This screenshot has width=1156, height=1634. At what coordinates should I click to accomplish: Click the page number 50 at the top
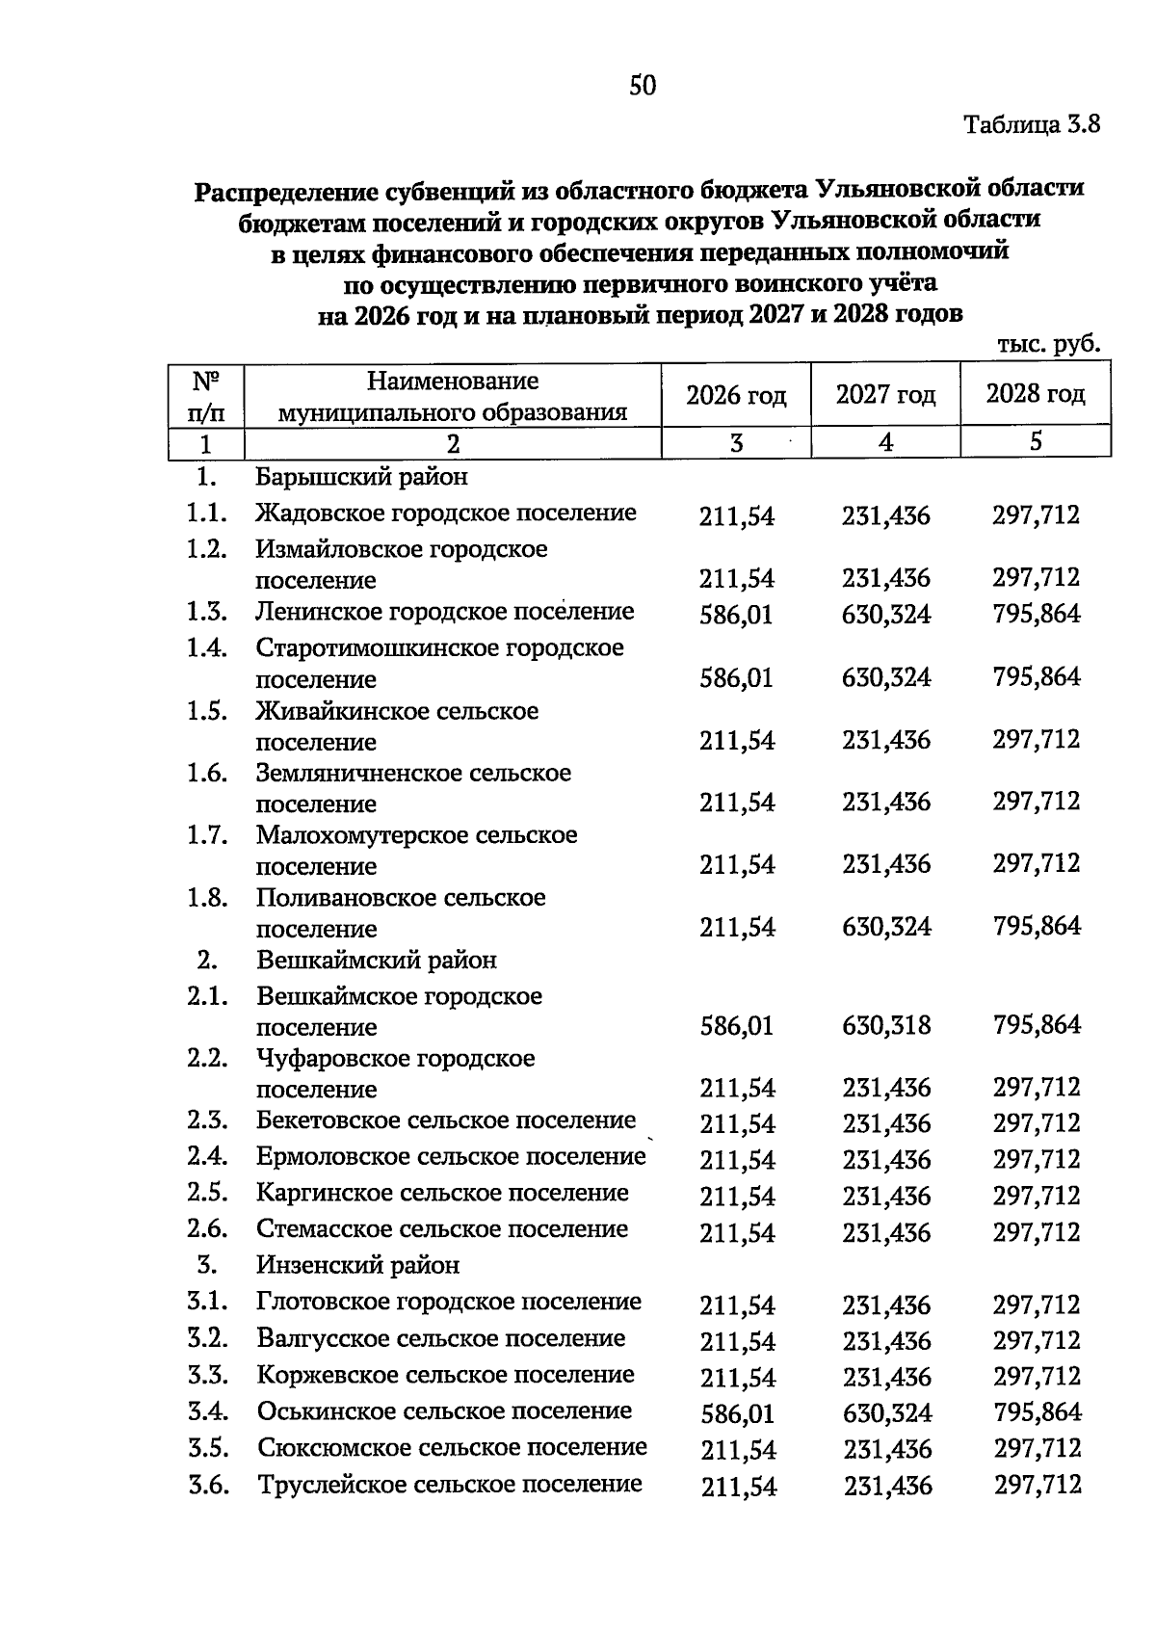[643, 87]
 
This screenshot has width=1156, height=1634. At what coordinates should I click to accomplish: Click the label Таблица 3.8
[1032, 125]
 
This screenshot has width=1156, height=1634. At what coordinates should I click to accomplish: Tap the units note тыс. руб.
[1048, 345]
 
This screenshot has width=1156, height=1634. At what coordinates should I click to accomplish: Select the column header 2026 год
[736, 396]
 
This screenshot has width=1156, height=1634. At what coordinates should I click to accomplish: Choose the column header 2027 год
[885, 395]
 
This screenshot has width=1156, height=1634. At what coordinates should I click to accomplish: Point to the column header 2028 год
[1036, 394]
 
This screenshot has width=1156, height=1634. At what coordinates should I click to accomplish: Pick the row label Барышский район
[362, 477]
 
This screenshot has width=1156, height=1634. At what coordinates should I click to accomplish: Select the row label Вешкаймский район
[377, 961]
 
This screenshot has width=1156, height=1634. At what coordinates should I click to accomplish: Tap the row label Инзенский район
[358, 1265]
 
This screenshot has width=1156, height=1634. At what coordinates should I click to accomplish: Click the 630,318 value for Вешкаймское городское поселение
[886, 1025]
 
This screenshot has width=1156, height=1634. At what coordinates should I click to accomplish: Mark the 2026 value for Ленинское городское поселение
[736, 615]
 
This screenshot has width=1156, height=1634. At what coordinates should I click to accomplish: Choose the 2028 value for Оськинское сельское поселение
[1037, 1413]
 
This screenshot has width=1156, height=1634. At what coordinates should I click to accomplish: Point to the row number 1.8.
[207, 898]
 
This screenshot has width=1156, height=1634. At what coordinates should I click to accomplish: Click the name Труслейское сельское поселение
[450, 1485]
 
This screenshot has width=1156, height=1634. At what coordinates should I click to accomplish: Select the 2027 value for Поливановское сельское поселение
[886, 928]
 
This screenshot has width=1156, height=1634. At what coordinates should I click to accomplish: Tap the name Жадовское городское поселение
[446, 514]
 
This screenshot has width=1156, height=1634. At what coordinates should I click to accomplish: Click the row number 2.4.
[207, 1156]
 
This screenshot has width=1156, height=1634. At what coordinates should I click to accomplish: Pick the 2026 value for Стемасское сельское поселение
[737, 1232]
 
